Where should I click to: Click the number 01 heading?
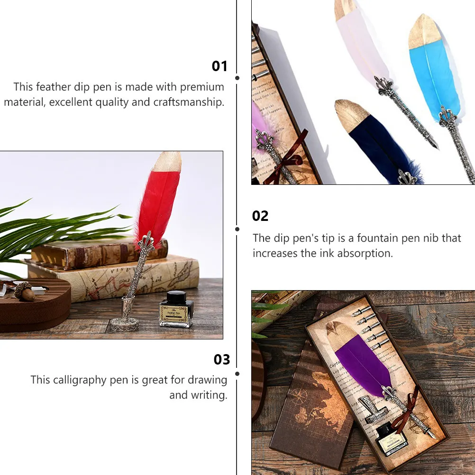[x=219, y=66]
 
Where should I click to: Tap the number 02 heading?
[x=260, y=216]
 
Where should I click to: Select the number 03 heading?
[x=221, y=360]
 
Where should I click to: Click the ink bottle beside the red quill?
[x=175, y=310]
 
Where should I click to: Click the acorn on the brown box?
[x=24, y=291]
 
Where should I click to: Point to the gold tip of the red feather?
[x=168, y=161]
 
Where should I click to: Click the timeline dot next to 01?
[x=237, y=77]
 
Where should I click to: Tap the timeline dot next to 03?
[x=237, y=374]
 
